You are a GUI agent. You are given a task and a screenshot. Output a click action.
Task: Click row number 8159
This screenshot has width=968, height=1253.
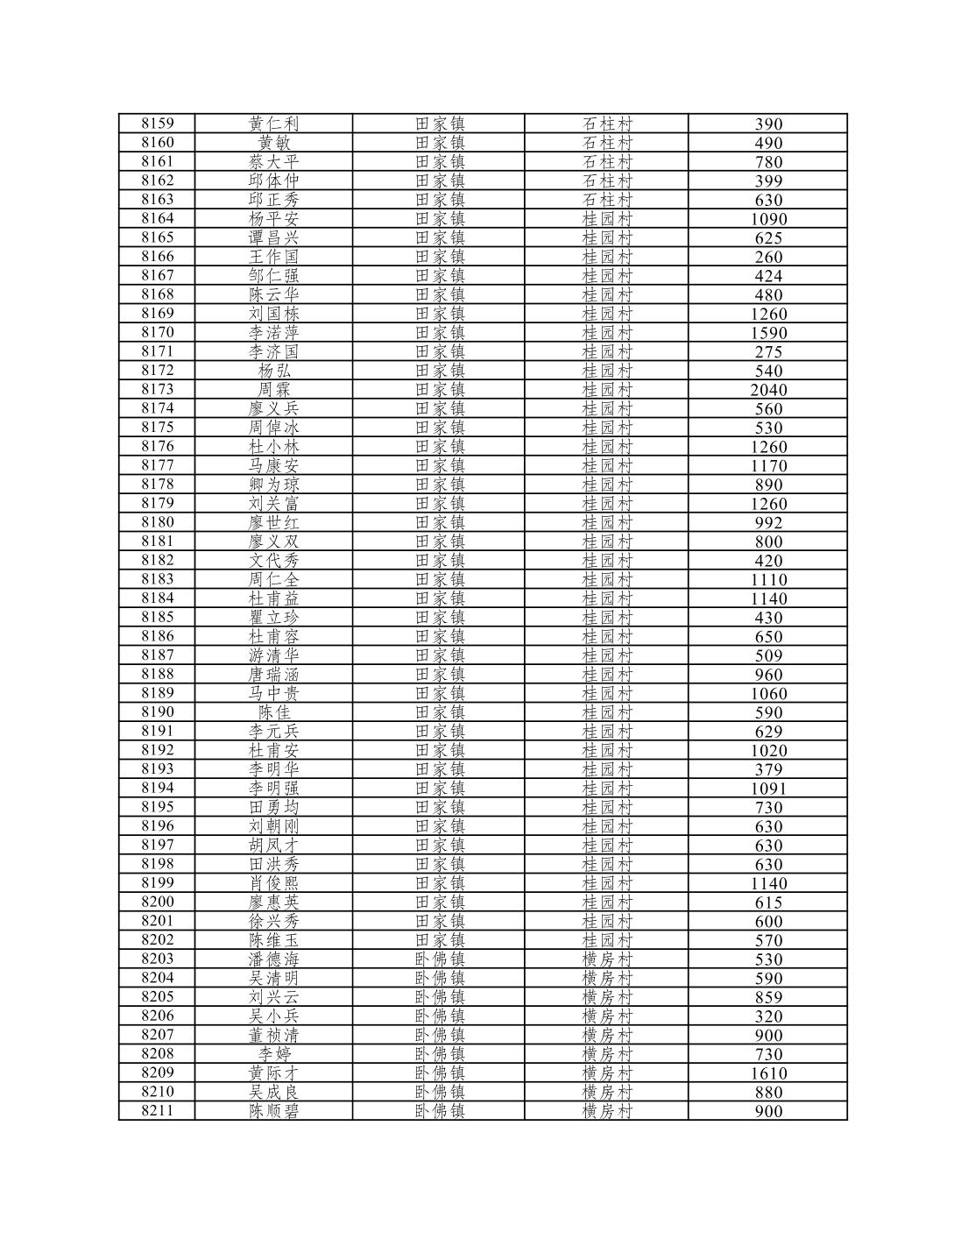tap(158, 124)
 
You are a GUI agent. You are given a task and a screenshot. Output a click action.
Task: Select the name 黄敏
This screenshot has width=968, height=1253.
tap(274, 143)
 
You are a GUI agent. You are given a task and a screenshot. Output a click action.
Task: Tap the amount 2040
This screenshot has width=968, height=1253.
tap(768, 390)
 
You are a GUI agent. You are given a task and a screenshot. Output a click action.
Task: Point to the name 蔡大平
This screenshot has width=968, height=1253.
tap(274, 161)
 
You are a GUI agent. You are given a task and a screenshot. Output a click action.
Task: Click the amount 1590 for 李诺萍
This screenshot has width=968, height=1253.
tap(768, 333)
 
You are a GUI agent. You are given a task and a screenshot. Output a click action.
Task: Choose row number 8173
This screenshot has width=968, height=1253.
tap(158, 389)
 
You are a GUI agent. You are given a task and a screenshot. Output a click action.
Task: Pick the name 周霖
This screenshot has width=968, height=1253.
tap(274, 389)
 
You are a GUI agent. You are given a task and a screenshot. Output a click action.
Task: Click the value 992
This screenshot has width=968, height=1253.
tap(768, 523)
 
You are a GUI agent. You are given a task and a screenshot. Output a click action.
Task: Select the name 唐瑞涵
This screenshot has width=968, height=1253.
tap(274, 674)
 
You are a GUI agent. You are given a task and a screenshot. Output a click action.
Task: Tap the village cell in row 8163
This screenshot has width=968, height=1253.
tap(607, 200)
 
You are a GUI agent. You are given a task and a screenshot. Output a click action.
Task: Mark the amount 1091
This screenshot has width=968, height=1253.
tap(768, 789)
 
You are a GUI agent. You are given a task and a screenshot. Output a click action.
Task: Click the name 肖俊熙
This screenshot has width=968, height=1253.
tap(274, 883)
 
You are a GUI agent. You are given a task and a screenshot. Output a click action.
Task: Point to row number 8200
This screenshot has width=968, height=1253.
tap(158, 902)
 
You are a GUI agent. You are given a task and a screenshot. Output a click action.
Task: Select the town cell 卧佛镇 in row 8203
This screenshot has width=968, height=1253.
tap(440, 959)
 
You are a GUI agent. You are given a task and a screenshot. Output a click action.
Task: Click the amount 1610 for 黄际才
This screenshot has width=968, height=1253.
tap(768, 1073)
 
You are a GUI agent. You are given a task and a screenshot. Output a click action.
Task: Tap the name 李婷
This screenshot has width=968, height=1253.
tap(274, 1054)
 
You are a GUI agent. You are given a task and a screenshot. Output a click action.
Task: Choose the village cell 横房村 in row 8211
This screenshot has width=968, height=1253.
tap(607, 1111)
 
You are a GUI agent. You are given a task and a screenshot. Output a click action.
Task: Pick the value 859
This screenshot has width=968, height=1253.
tap(768, 997)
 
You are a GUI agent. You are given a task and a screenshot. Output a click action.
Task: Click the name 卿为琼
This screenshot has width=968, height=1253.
tap(274, 485)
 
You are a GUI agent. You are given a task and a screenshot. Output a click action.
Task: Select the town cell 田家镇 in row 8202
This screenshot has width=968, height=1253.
tap(440, 940)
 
